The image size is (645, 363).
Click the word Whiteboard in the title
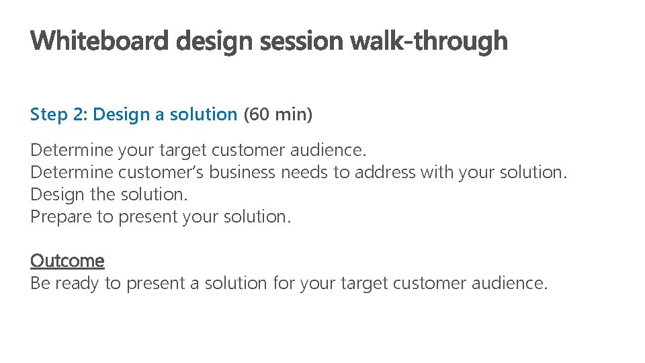[x=100, y=42]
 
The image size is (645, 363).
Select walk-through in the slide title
[x=429, y=42]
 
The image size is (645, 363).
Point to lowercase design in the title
[x=214, y=42]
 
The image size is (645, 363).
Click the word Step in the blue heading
[x=49, y=115]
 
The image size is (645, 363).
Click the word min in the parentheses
[x=292, y=115]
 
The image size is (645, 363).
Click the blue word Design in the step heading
[x=122, y=115]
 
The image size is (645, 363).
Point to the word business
[x=242, y=173]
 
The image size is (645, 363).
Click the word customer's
[x=161, y=173]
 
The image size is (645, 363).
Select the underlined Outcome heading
[x=67, y=261]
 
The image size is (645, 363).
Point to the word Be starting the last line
[x=40, y=284]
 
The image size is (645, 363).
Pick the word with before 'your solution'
[x=437, y=173]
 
